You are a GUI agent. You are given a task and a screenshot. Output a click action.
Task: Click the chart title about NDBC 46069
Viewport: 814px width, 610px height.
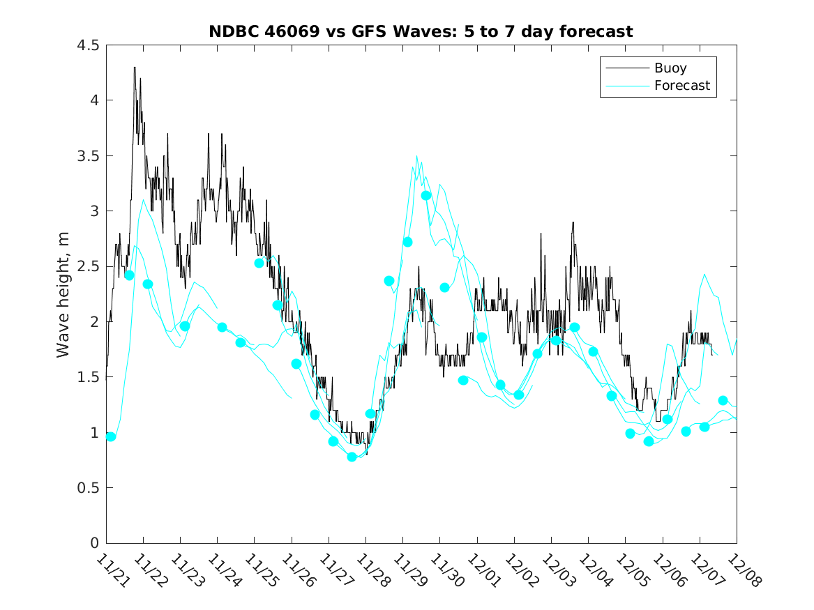[421, 31]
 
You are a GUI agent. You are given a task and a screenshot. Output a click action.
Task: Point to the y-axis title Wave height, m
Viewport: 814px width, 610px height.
[63, 293]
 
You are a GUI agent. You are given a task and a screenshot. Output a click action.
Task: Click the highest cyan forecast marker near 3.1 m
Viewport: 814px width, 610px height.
[426, 195]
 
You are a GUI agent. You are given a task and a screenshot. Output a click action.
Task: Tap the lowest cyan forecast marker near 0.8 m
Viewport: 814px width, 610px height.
[352, 457]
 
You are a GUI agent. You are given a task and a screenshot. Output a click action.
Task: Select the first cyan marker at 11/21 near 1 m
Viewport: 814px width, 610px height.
[110, 436]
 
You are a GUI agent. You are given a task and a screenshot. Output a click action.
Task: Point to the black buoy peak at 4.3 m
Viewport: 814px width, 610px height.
[135, 68]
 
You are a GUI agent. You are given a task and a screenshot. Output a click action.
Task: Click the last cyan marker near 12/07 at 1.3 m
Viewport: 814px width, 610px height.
[723, 400]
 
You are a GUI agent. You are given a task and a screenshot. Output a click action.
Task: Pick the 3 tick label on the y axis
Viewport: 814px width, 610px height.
[93, 211]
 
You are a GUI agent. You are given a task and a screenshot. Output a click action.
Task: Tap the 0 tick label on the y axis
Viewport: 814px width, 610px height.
[93, 543]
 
